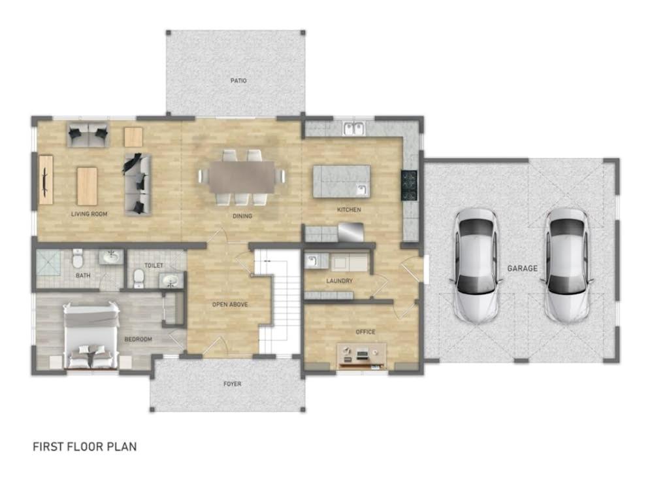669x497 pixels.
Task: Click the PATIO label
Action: [x=238, y=80]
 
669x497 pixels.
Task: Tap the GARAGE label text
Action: [x=522, y=268]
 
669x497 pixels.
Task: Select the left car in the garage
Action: [x=476, y=266]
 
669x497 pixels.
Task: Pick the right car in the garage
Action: [x=568, y=266]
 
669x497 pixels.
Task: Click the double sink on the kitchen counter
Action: [x=353, y=128]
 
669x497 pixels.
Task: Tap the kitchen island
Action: [x=341, y=181]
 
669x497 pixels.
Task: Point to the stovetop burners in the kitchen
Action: [x=409, y=185]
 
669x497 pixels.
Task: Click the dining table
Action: [x=242, y=177]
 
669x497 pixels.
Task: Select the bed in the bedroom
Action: [x=91, y=335]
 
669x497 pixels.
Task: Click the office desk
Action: [x=362, y=356]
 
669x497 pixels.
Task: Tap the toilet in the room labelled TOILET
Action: [x=139, y=278]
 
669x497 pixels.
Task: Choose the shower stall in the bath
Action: [x=48, y=262]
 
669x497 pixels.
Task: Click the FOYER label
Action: [x=232, y=384]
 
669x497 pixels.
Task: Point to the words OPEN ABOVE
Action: [x=230, y=305]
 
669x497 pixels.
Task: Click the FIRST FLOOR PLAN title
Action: [x=84, y=447]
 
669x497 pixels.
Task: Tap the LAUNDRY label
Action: [x=339, y=281]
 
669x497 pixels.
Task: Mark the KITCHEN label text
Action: [x=349, y=210]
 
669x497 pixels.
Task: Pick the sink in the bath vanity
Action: [x=111, y=256]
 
